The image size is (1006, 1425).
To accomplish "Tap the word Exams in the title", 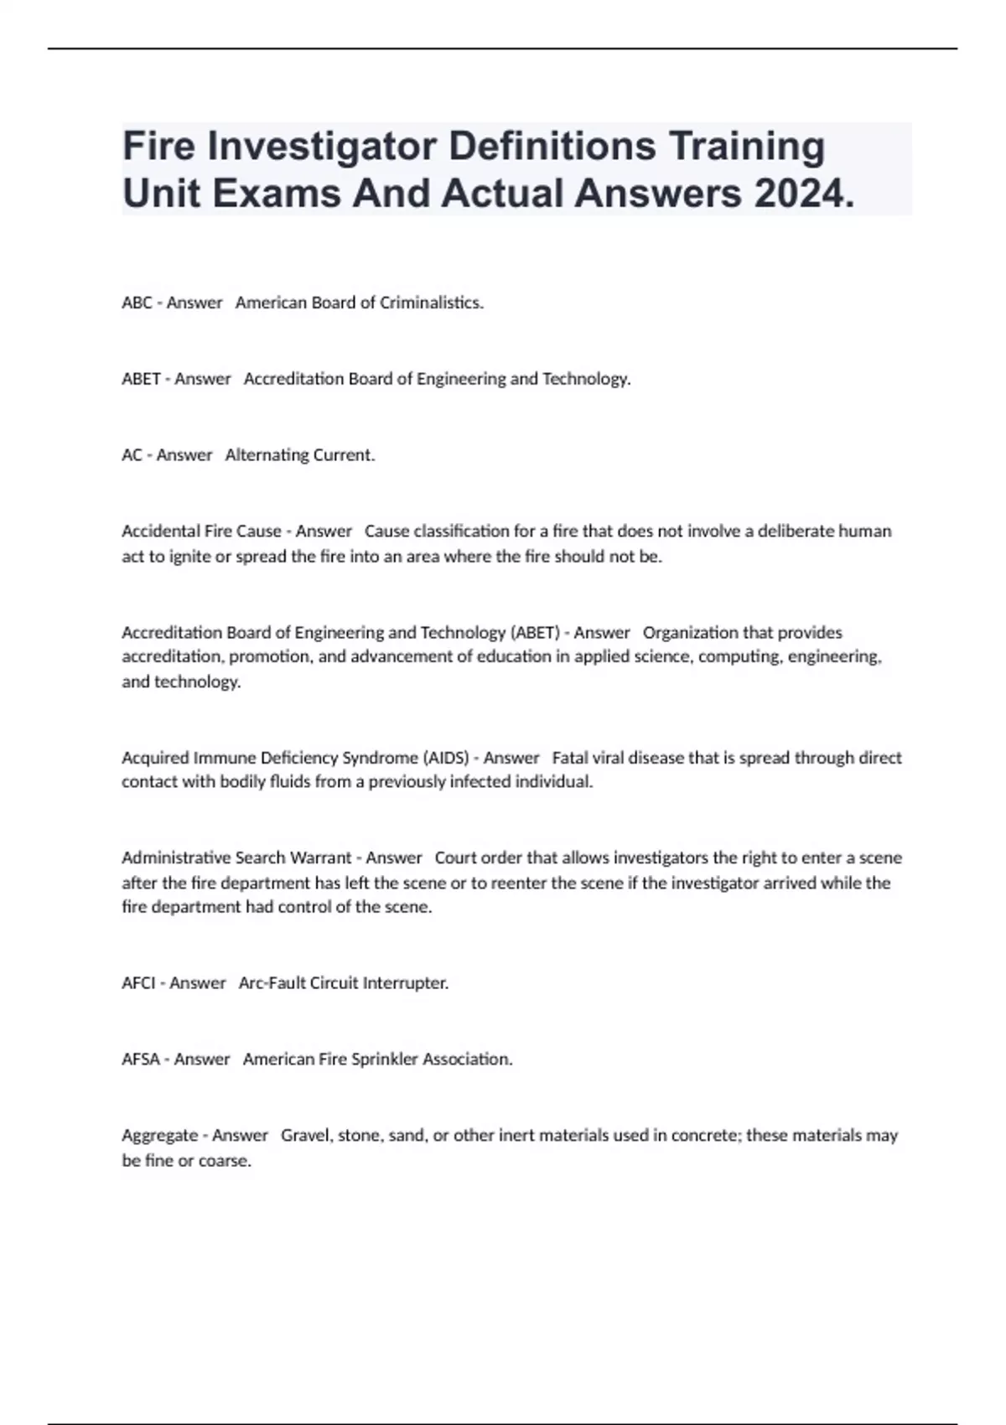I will coord(277,194).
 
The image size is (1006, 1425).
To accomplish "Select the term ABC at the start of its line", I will coord(137,303).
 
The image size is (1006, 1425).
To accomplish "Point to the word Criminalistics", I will coord(431,303).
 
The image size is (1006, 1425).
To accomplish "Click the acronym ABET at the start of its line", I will coord(141,379).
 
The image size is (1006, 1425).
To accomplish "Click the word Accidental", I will coord(160,531).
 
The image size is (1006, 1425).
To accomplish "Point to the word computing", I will coord(738,656).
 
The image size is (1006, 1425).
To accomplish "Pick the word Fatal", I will coord(570,758).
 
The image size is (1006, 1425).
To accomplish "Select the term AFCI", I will coord(138,983).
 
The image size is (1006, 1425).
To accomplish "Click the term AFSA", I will coord(141,1060).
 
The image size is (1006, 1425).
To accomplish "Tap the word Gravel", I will coord(305,1136).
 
